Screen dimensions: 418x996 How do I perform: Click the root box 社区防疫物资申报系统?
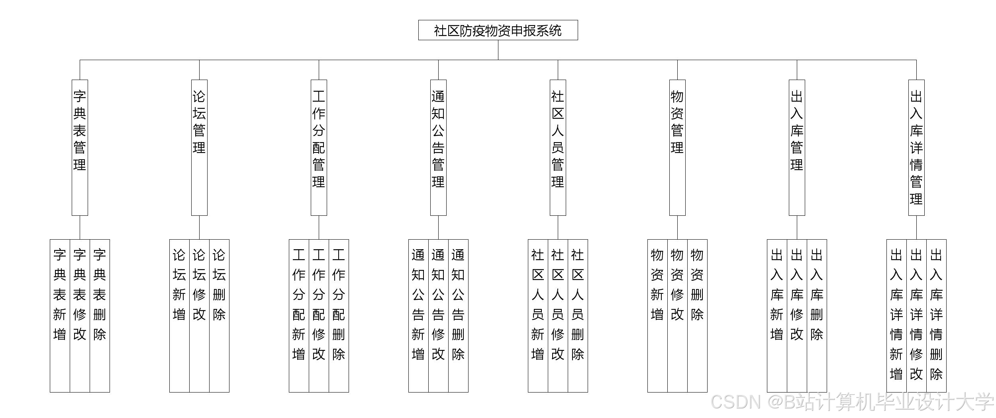point(498,30)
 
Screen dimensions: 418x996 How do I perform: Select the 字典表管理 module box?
point(80,147)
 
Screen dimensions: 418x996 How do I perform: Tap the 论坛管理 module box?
point(199,147)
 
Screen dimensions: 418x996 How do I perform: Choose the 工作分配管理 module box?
point(319,147)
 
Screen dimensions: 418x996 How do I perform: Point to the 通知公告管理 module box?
point(438,147)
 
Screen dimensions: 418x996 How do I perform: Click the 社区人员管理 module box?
point(558,147)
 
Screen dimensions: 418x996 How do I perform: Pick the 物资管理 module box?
point(677,147)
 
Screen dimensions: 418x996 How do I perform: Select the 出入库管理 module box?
point(797,147)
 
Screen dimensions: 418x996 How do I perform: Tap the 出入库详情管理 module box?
point(916,147)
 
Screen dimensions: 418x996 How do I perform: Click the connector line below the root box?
point(498,50)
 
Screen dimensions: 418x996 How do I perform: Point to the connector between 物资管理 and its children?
point(677,227)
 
